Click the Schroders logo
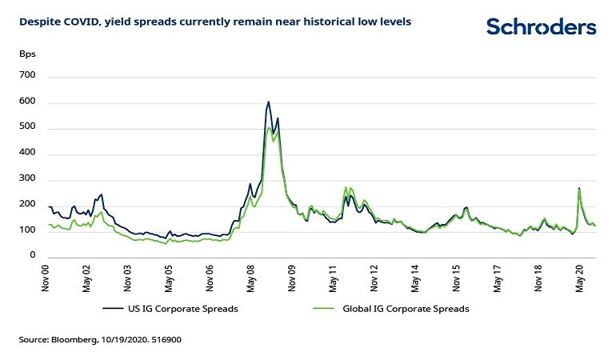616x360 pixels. [541, 27]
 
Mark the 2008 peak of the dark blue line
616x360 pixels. [268, 102]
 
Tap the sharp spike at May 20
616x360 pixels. [578, 189]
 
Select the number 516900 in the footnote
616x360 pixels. [169, 340]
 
